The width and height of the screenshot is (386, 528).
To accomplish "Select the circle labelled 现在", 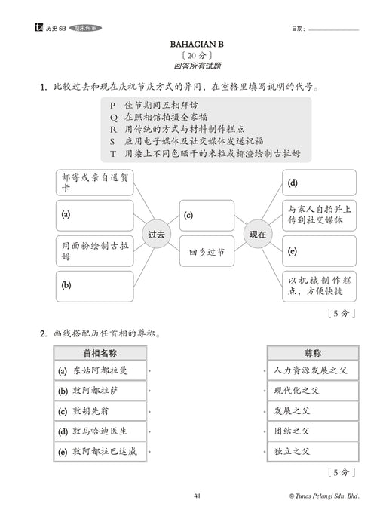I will tap(257, 235).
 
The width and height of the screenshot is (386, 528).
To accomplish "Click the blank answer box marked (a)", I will tap(93, 215).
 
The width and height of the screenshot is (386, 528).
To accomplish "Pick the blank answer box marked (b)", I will tap(93, 286).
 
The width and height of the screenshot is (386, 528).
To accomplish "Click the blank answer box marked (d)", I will tap(319, 183).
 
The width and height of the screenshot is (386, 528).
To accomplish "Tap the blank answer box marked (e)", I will tap(319, 250).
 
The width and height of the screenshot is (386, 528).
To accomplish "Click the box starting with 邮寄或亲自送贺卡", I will tap(93, 183).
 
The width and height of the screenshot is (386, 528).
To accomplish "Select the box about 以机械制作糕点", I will tap(319, 285).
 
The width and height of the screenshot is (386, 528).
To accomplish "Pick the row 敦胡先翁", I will tap(100, 412).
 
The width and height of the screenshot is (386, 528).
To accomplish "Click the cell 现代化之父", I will tap(311, 391).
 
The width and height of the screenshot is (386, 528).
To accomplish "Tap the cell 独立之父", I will tap(311, 451).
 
